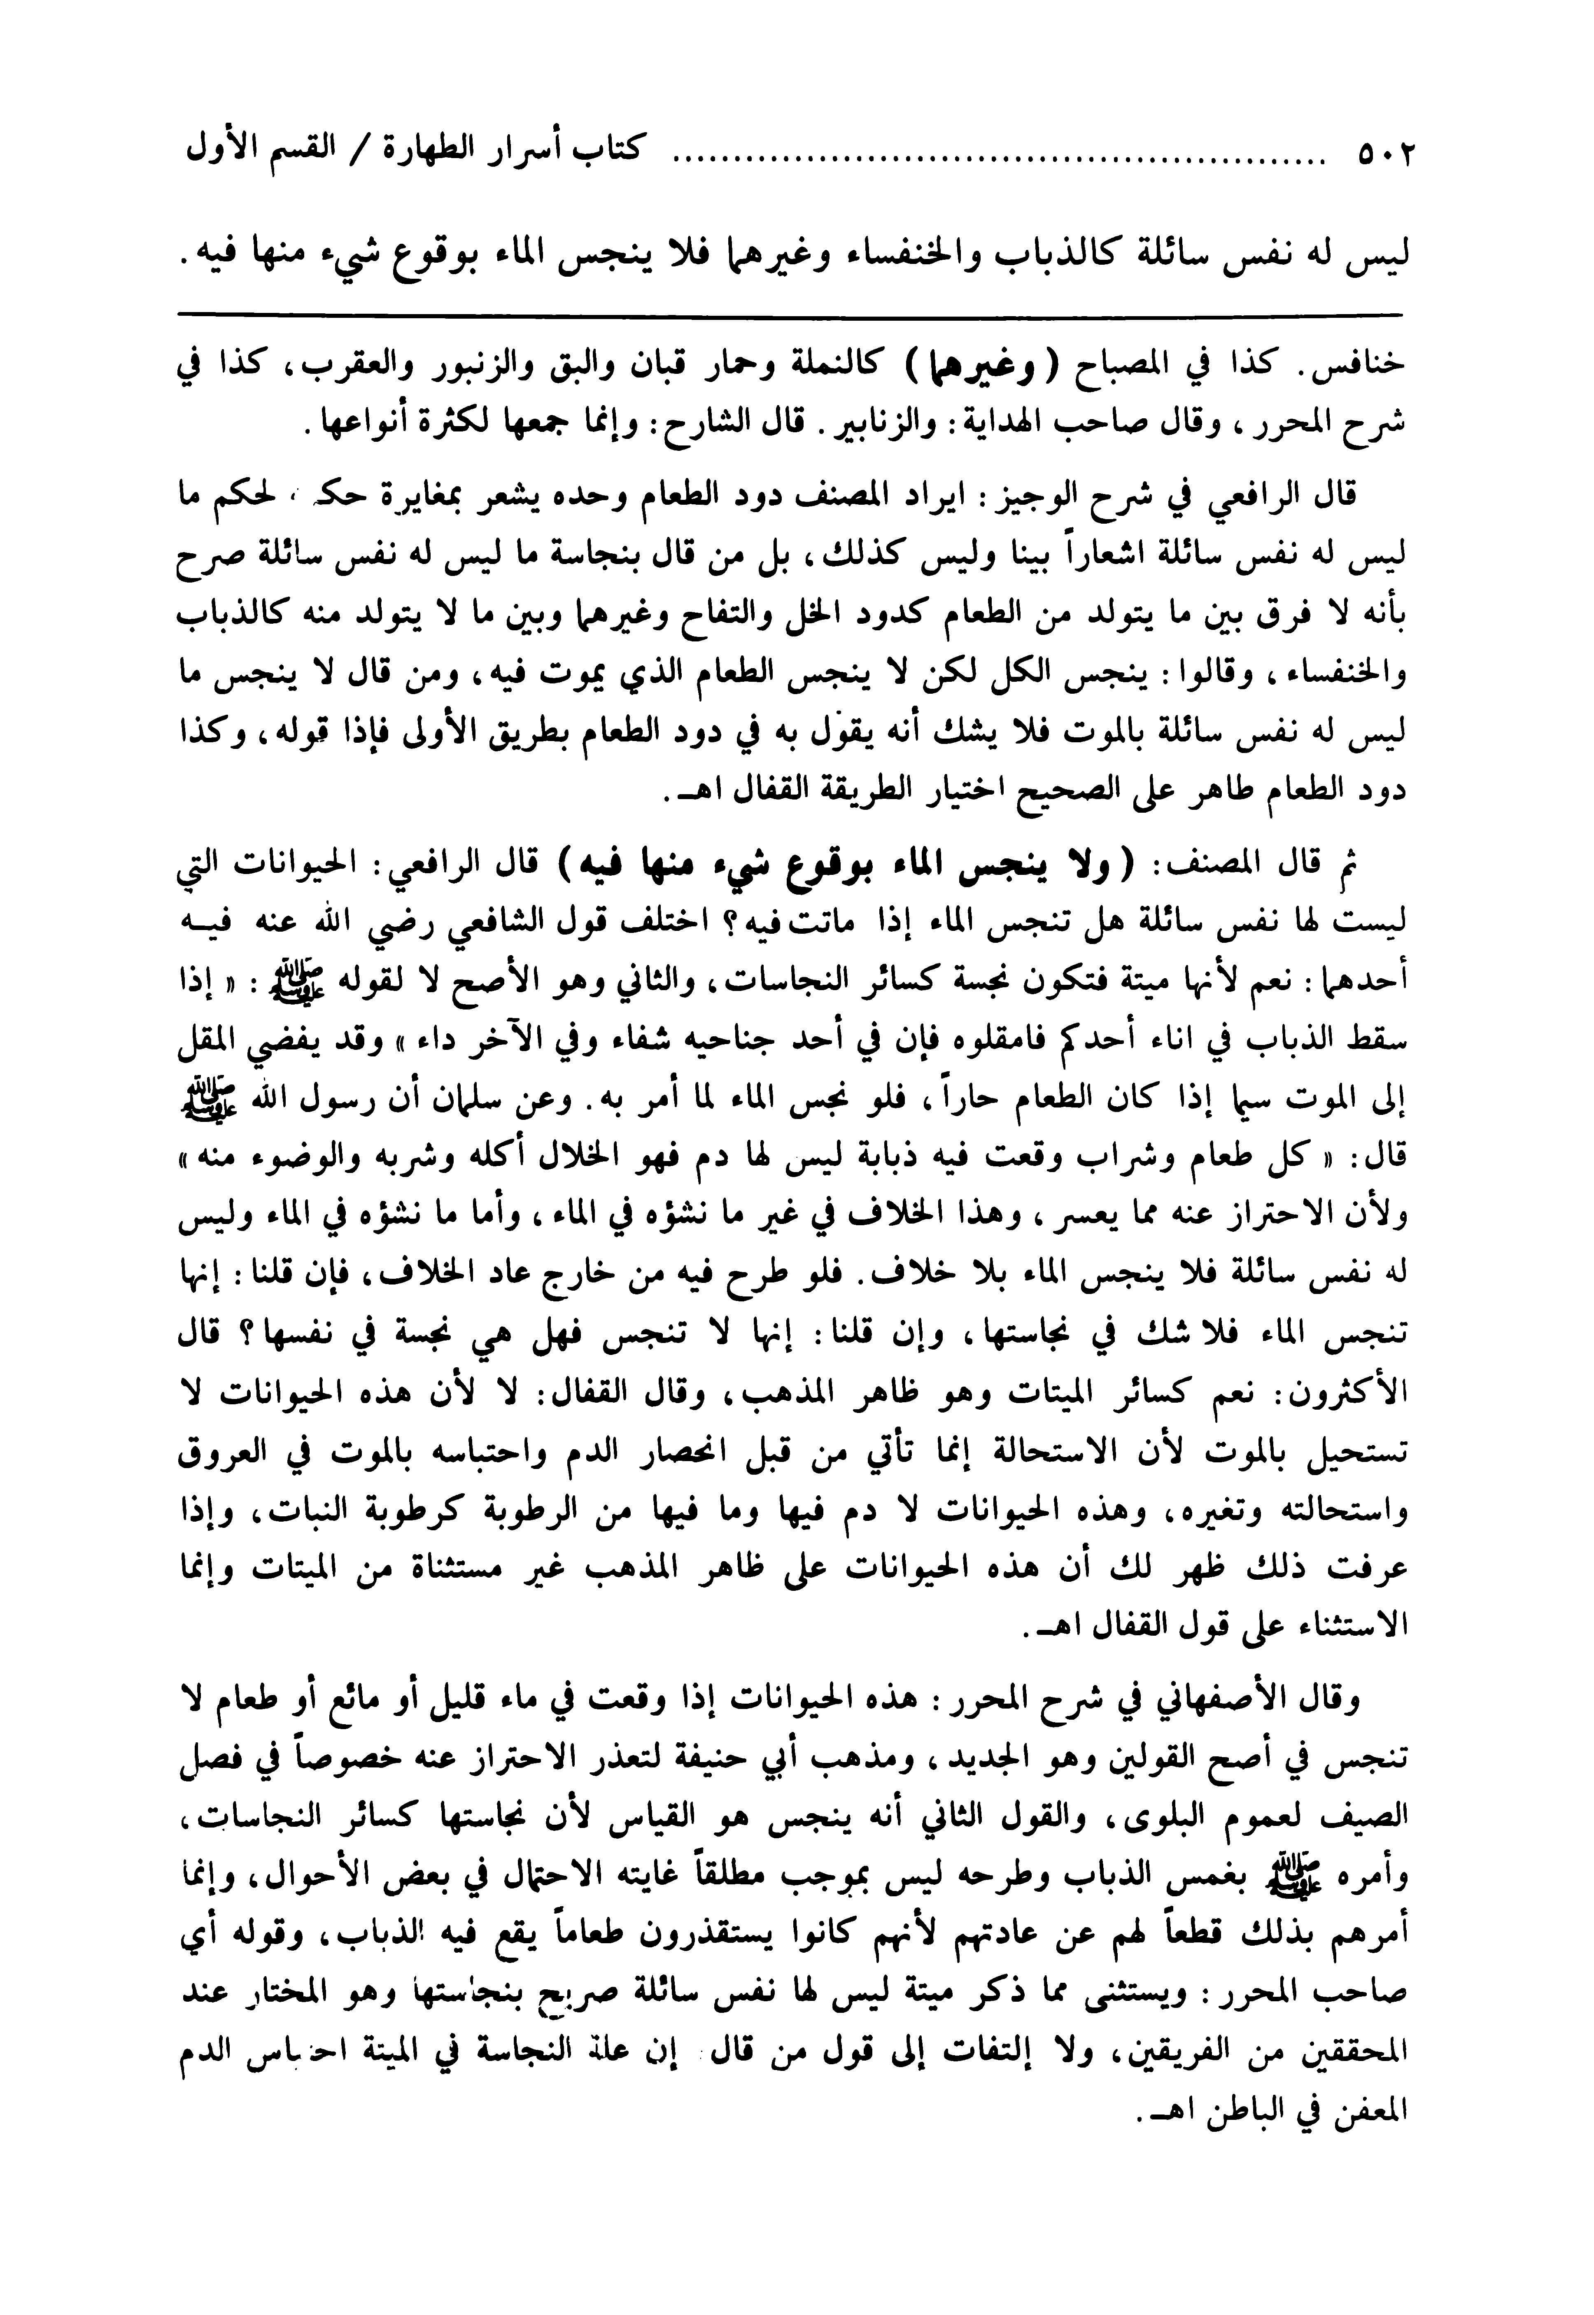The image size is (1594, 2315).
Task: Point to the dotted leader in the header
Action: click(x=999, y=160)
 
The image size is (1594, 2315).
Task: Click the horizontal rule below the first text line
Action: click(x=789, y=317)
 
